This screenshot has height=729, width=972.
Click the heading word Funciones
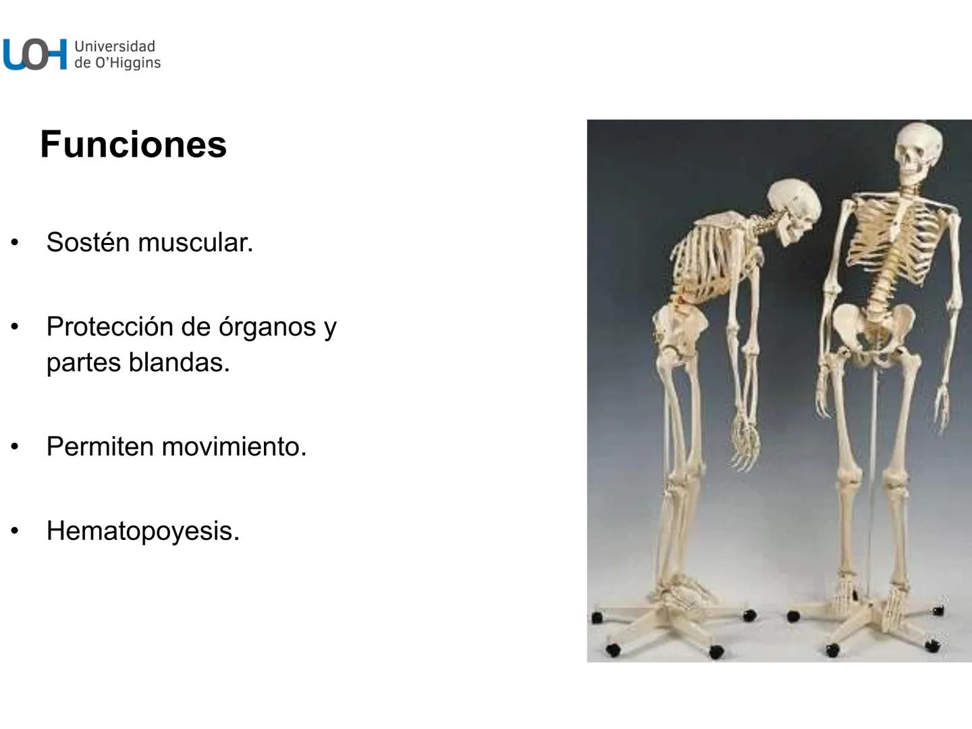click(x=133, y=144)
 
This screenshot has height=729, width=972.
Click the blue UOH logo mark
click(x=35, y=54)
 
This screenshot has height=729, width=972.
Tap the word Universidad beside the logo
click(x=115, y=47)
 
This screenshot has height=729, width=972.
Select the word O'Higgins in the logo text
click(x=127, y=63)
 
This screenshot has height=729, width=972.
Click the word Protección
click(x=108, y=327)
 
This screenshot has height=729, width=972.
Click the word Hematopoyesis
click(x=142, y=531)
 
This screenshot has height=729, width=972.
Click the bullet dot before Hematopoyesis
click(x=15, y=531)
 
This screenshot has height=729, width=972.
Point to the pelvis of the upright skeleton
click(x=871, y=331)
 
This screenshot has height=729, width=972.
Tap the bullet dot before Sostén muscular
click(x=15, y=242)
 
